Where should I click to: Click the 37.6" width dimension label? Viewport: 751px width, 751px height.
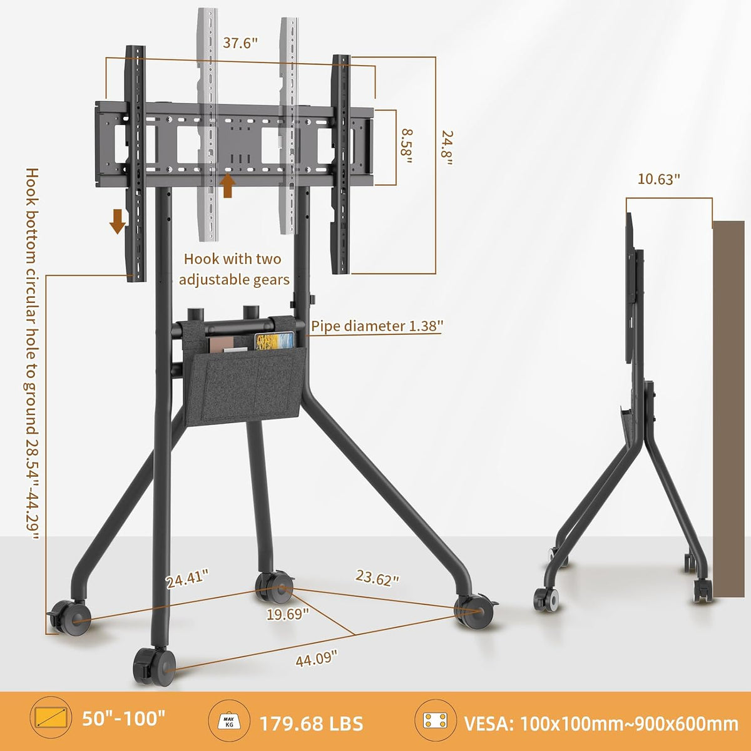(x=240, y=43)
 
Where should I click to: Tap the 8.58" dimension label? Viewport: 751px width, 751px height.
(x=406, y=147)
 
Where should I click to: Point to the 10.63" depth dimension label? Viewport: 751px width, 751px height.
(x=658, y=179)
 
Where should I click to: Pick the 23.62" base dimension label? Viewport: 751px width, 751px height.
(x=377, y=578)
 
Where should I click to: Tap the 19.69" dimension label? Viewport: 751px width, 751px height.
(x=288, y=614)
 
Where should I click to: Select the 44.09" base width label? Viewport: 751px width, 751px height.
(x=316, y=658)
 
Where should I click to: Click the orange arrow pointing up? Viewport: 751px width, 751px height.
(x=227, y=186)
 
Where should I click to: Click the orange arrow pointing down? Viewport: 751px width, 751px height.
(x=117, y=221)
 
